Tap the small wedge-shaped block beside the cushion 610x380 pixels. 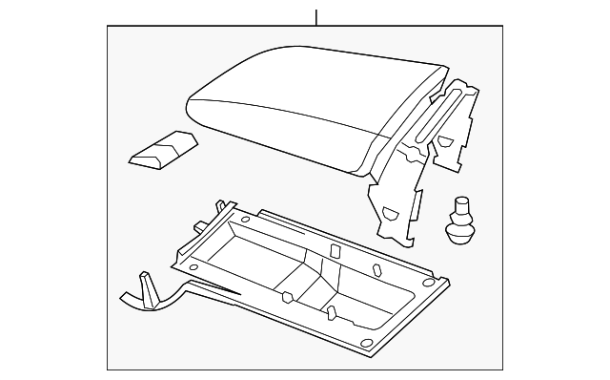click(162, 151)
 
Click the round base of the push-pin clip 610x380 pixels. click(462, 234)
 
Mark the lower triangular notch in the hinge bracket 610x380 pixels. click(390, 212)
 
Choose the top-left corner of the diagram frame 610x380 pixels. click(107, 27)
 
